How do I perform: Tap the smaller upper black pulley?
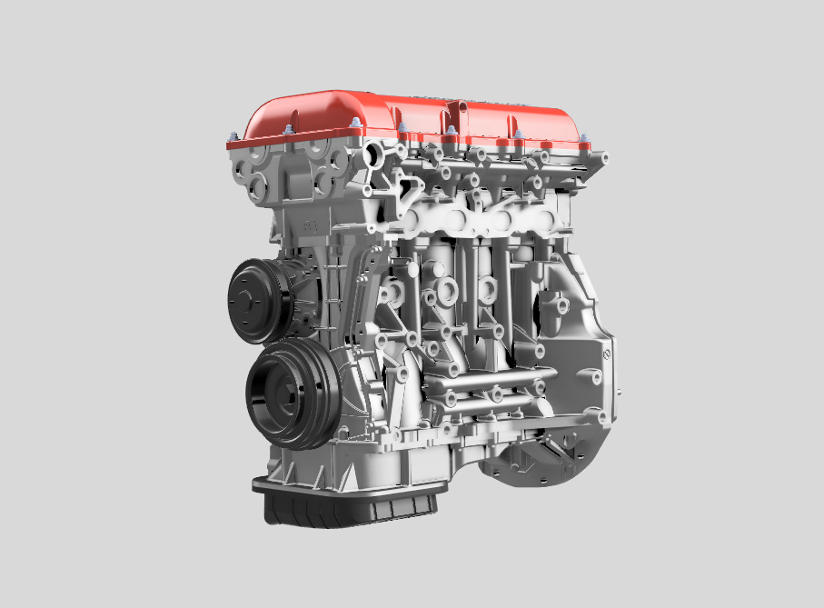coord(259,300)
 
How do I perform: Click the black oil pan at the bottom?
coord(345,509)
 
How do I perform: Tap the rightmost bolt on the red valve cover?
coord(585,141)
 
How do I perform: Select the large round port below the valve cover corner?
coord(373,156)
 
